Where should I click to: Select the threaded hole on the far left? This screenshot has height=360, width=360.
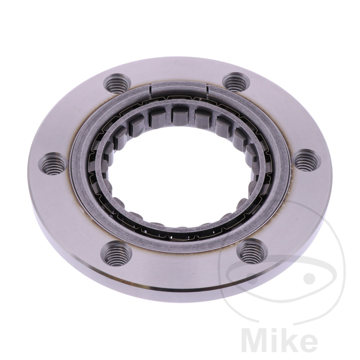tap(53, 164)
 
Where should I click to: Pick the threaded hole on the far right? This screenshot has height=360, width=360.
tap(307, 160)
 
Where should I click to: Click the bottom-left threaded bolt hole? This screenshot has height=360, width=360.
tap(116, 253)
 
